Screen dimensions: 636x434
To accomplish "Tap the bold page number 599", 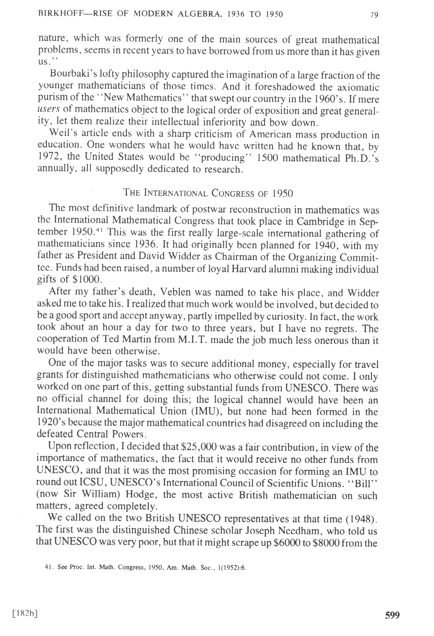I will tap(392, 605).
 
